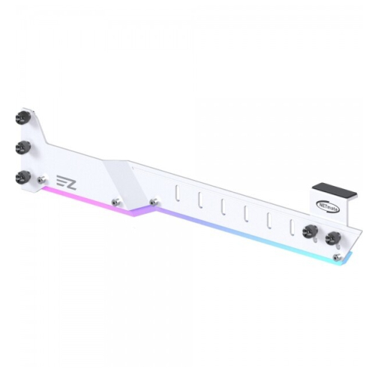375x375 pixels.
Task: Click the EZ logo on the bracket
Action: click(x=65, y=181)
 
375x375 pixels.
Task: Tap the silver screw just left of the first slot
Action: click(x=154, y=200)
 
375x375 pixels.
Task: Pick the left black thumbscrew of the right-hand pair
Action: click(x=307, y=232)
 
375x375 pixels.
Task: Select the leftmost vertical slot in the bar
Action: click(x=177, y=195)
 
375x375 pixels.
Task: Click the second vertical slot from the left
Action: click(x=199, y=201)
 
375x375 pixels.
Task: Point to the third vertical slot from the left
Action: click(x=222, y=207)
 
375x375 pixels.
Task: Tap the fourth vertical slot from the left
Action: click(x=245, y=213)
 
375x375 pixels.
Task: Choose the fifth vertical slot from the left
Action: click(x=268, y=219)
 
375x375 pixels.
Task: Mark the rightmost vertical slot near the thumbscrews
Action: click(x=291, y=225)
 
